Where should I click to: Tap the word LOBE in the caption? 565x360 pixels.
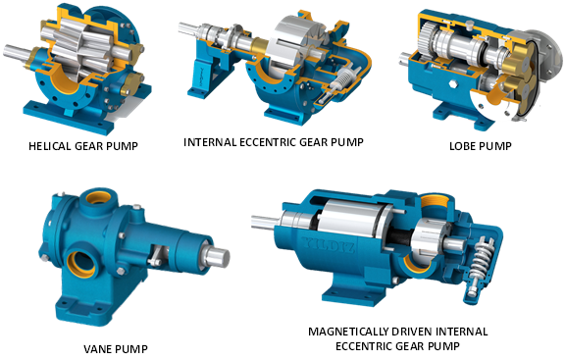point(461,146)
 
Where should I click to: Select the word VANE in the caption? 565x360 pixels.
point(95,349)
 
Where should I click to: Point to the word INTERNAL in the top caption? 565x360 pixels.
point(210,142)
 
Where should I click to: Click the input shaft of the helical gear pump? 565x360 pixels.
point(17,52)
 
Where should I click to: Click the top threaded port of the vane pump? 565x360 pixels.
point(97,197)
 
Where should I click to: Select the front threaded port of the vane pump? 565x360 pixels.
point(81,264)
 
